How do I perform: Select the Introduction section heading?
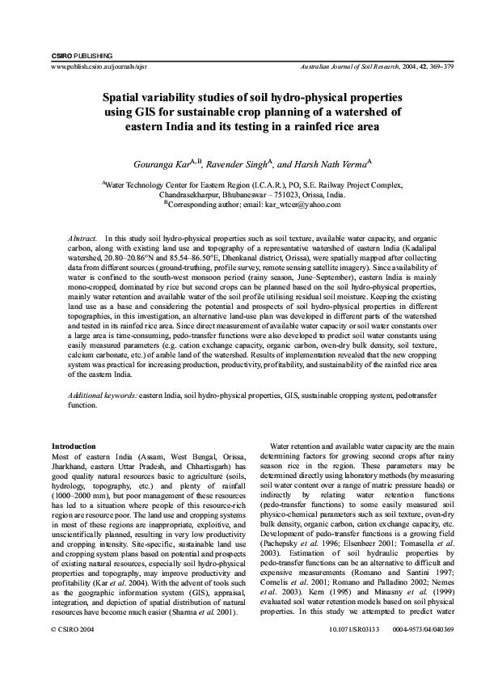point(74,446)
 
